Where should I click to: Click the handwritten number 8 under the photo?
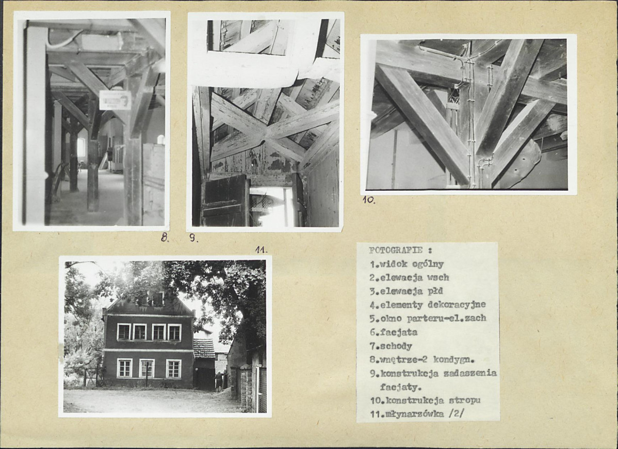[x=165, y=237]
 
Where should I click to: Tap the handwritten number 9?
[x=193, y=238]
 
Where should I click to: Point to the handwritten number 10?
[x=369, y=200]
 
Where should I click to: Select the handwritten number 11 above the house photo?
[x=261, y=250]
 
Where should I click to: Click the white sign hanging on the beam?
[x=115, y=100]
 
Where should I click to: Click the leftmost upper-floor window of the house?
[x=124, y=332]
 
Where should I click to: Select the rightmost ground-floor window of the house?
[x=173, y=368]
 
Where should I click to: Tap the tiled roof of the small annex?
[x=204, y=348]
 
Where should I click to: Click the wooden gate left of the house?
[x=91, y=378]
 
